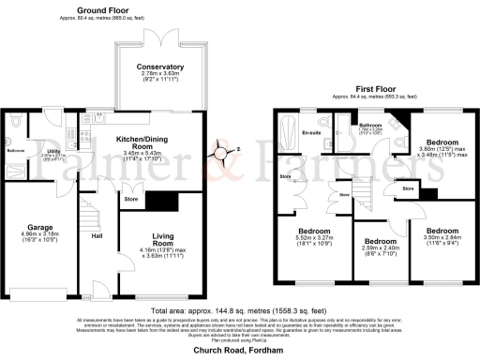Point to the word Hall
pyautogui.click(x=97, y=235)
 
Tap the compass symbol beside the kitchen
pyautogui.click(x=224, y=149)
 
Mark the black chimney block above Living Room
pyautogui.click(x=164, y=200)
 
